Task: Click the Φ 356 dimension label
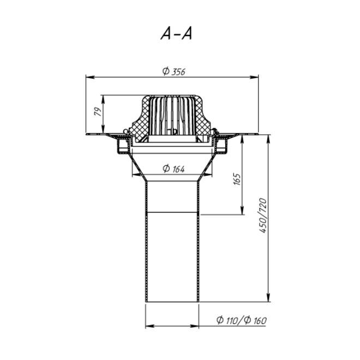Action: coord(173,71)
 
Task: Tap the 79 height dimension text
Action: coord(98,111)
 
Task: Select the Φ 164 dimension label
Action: coord(173,169)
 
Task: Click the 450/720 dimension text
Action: coord(263,215)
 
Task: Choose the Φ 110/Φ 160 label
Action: coord(242,320)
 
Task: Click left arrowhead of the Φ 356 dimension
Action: coord(90,77)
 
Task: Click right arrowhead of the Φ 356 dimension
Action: coord(254,77)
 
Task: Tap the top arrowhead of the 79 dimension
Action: coord(103,100)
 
